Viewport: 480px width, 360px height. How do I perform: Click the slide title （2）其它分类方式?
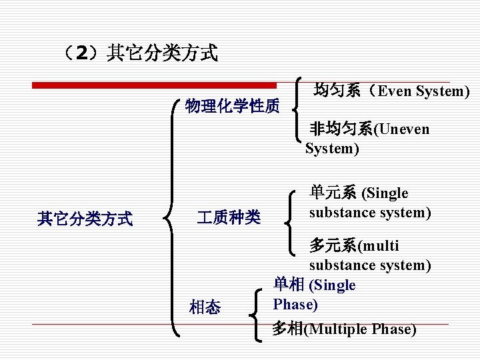coord(138,53)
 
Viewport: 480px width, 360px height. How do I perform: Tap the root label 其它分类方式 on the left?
coord(85,218)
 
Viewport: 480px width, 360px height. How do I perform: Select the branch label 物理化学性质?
coord(233,106)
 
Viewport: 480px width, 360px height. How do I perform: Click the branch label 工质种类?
coord(229,217)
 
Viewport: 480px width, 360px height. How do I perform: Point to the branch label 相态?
coord(205,307)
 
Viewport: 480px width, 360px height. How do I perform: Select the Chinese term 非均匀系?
coord(341,129)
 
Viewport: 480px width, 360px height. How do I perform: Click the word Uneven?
coord(404,129)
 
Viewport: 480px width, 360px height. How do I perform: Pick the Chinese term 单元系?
coord(333,193)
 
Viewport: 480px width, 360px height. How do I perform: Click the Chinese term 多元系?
coord(333,245)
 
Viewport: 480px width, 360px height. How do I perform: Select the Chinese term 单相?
coord(289,285)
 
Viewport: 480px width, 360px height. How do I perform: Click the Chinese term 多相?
coord(287,329)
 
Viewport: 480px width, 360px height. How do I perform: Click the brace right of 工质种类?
coord(292,220)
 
